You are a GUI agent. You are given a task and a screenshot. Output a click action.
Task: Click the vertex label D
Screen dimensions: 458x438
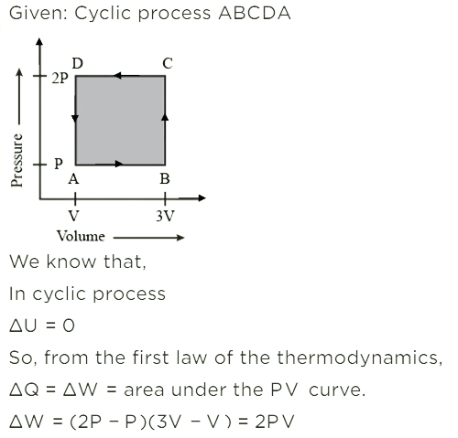[x=78, y=64]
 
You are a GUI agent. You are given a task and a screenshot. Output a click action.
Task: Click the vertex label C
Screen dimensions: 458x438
[x=168, y=64]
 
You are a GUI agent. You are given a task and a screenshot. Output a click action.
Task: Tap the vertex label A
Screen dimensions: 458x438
[x=73, y=179]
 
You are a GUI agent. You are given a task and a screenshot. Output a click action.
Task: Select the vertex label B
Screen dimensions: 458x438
[x=165, y=179]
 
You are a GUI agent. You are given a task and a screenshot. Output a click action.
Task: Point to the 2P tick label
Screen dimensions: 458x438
[x=60, y=79]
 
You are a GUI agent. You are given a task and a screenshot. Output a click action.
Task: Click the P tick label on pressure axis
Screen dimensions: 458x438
[x=59, y=164]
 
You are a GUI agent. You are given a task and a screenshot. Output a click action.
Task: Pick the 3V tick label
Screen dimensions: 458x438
[x=165, y=216]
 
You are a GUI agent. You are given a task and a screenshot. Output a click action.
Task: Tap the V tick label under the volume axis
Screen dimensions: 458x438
[x=74, y=216]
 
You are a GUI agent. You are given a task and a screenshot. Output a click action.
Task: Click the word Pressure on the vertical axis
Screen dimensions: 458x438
[x=16, y=160]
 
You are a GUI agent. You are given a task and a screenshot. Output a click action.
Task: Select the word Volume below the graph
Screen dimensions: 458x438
[x=81, y=236]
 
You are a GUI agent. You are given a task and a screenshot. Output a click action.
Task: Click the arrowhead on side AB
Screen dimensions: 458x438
[x=119, y=164]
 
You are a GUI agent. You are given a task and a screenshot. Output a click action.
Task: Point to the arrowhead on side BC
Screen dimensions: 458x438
[x=165, y=117]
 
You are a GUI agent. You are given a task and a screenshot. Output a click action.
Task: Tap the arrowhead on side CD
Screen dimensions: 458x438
[x=117, y=75]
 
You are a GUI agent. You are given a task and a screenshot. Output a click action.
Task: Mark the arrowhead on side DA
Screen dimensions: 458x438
[x=75, y=119]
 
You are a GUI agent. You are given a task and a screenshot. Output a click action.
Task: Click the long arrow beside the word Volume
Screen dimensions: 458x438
[x=149, y=238]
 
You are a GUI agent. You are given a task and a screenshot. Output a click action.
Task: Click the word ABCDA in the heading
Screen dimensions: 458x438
[x=255, y=14]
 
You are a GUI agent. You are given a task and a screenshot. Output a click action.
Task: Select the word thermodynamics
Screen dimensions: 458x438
[x=360, y=358]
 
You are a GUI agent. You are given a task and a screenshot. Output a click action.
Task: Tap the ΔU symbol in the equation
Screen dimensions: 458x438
[x=23, y=326]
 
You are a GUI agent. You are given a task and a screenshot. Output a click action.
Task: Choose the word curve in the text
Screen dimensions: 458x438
[x=337, y=390]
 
